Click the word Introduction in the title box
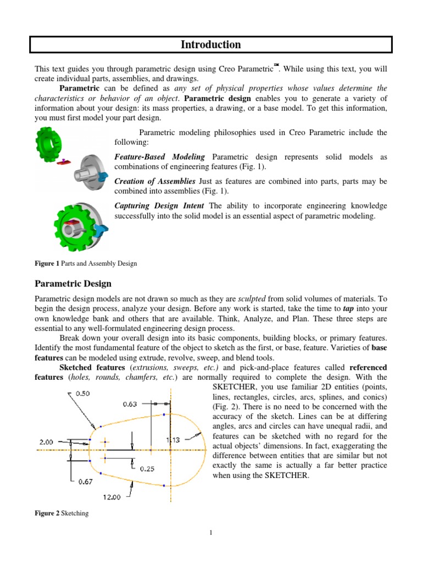(211, 44)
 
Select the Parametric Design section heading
(73, 284)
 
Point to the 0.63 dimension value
(130, 404)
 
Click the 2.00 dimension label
(47, 441)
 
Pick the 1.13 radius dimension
(173, 439)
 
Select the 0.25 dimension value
(147, 468)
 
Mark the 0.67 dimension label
(85, 481)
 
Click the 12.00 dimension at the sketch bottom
(110, 497)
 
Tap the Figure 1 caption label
(47, 263)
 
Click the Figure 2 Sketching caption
(62, 513)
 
